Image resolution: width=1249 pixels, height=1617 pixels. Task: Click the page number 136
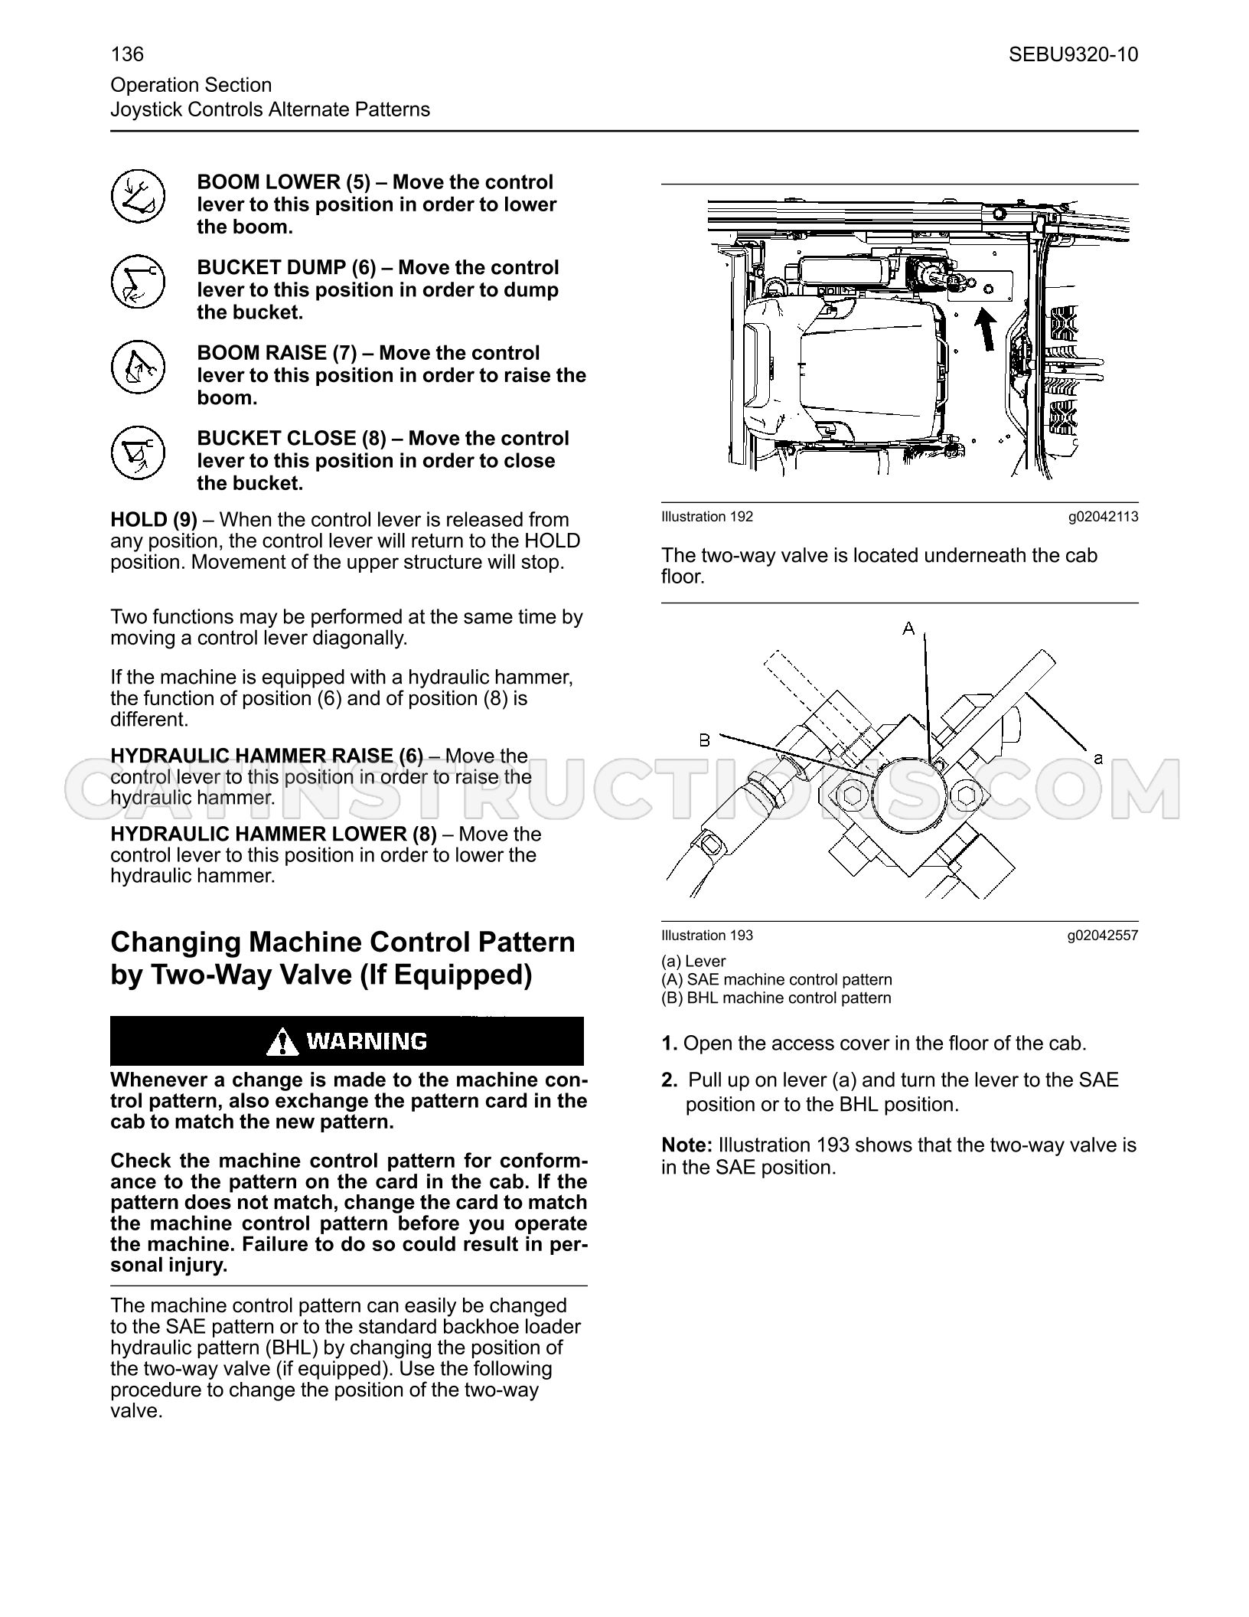pyautogui.click(x=127, y=54)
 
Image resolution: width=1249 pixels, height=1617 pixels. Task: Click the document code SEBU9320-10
pyautogui.click(x=1073, y=54)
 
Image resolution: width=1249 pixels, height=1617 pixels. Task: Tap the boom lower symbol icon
pyautogui.click(x=138, y=197)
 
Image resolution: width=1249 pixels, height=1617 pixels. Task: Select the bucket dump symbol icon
pyautogui.click(x=138, y=282)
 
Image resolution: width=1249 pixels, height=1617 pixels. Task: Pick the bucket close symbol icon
pyautogui.click(x=138, y=452)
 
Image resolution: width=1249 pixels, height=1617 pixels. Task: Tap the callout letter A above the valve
pyautogui.click(x=908, y=629)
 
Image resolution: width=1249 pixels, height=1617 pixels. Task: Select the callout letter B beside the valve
pyautogui.click(x=705, y=740)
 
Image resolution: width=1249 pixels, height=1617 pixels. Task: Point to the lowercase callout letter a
pyautogui.click(x=1098, y=758)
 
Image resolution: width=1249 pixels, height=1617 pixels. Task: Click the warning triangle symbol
pyautogui.click(x=282, y=1041)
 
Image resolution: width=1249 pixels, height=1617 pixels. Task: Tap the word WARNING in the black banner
pyautogui.click(x=367, y=1041)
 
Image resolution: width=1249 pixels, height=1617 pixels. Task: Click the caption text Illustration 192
pyautogui.click(x=707, y=517)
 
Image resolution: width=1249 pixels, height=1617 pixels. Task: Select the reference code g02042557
pyautogui.click(x=1103, y=935)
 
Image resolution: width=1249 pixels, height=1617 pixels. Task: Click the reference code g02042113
pyautogui.click(x=1103, y=517)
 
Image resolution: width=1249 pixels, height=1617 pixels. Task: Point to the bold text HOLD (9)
pyautogui.click(x=154, y=520)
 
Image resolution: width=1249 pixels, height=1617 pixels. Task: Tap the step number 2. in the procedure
pyautogui.click(x=670, y=1080)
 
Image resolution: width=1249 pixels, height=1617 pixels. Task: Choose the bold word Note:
pyautogui.click(x=687, y=1145)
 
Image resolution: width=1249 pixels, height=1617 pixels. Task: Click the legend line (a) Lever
pyautogui.click(x=693, y=961)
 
